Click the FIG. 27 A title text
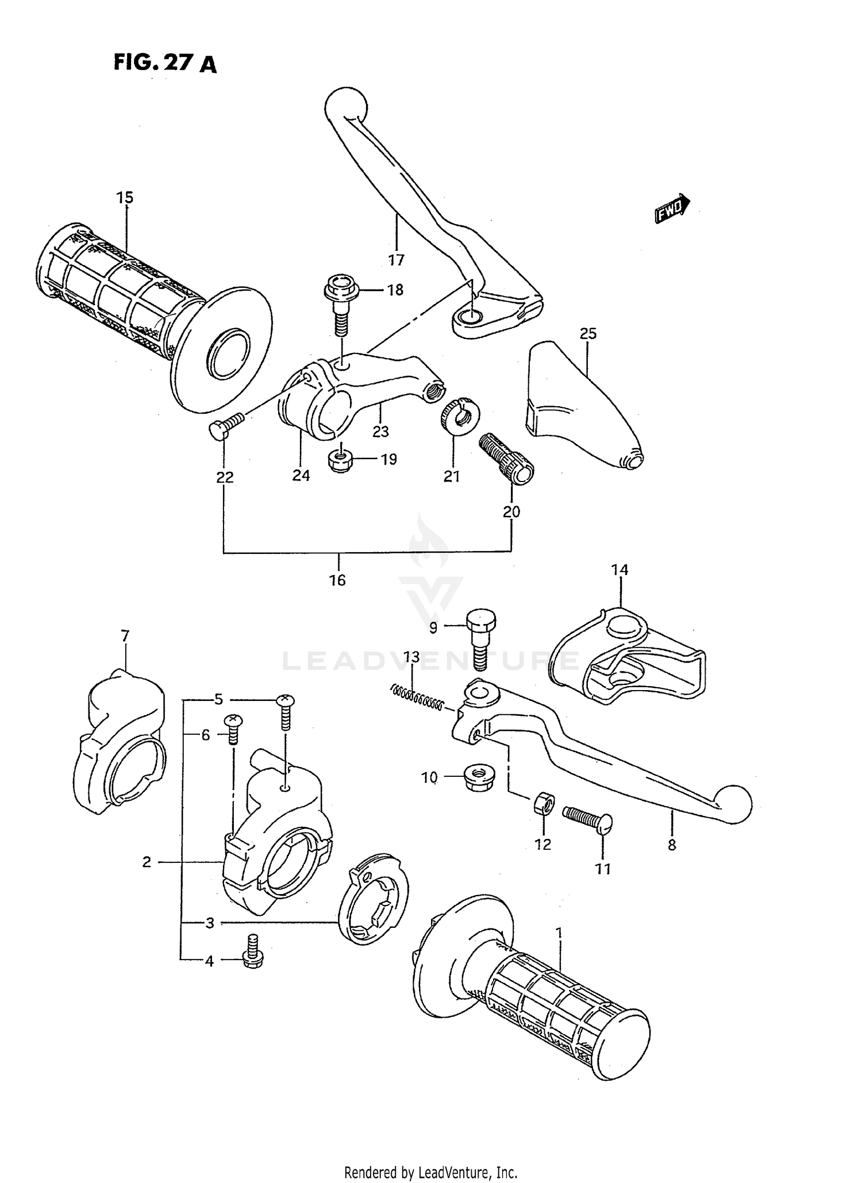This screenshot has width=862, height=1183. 165,63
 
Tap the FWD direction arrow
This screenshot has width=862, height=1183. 672,208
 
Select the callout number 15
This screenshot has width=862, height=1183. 124,198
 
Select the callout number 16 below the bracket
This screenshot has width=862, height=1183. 337,580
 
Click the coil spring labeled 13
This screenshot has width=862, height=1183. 417,696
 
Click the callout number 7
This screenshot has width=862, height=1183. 125,636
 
